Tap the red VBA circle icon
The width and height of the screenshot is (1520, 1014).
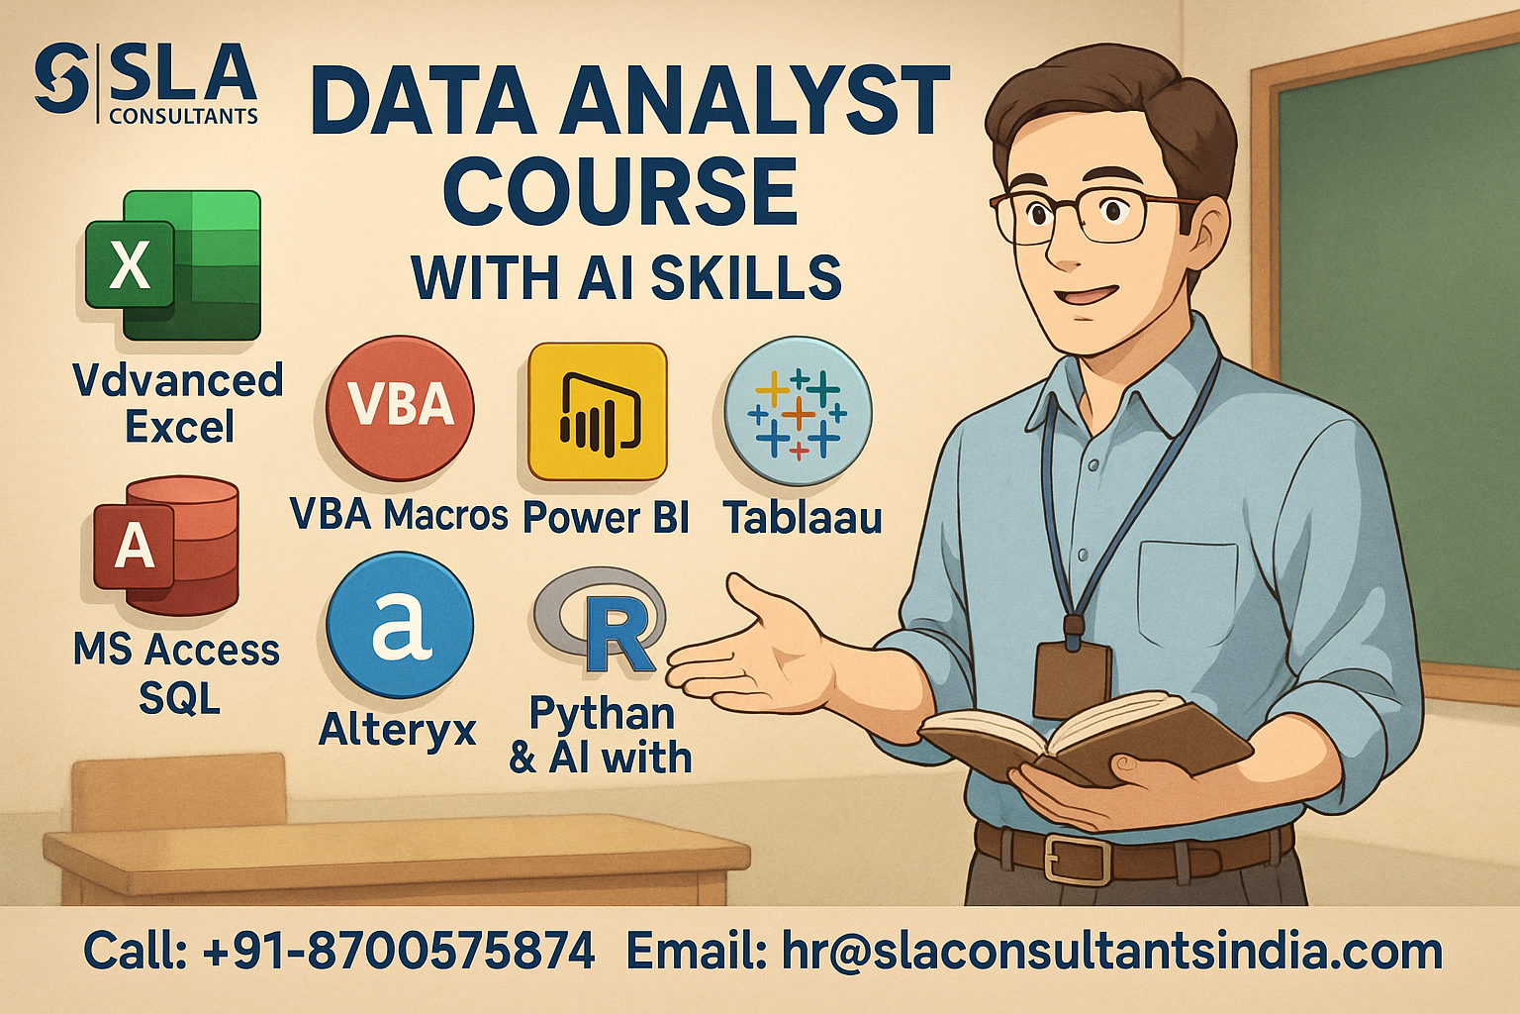[400, 408]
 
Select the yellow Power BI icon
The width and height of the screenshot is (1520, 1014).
[597, 412]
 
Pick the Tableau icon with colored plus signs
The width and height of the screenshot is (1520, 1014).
[798, 412]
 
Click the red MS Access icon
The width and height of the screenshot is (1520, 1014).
[166, 546]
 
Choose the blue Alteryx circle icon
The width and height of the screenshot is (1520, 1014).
[400, 626]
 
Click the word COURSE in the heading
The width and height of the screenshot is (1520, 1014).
[620, 191]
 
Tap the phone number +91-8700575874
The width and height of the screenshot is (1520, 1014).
[399, 951]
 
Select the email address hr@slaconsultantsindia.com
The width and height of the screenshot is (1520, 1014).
[1112, 952]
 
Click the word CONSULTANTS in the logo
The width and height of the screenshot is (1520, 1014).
[183, 117]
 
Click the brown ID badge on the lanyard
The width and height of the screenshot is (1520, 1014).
[1073, 679]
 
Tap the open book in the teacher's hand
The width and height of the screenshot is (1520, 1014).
[1085, 738]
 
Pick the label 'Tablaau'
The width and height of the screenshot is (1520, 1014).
[803, 518]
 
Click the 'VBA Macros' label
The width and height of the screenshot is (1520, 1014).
[399, 514]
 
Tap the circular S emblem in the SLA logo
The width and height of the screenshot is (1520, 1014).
[61, 78]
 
